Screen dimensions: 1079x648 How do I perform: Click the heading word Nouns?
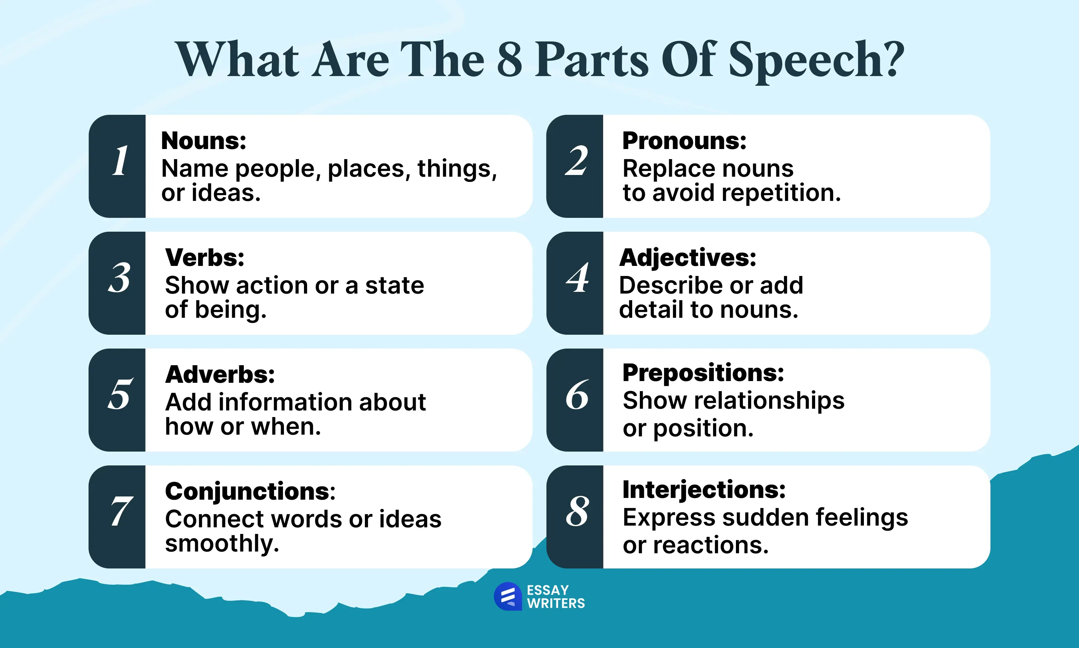pos(203,141)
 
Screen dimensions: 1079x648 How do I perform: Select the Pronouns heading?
pos(684,141)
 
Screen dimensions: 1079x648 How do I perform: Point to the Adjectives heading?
pos(688,258)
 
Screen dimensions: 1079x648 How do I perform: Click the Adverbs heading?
pos(220,374)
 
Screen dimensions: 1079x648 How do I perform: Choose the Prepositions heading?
pos(703,373)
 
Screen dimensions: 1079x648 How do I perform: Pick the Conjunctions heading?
pos(250,492)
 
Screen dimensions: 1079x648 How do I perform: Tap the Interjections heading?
pos(704,490)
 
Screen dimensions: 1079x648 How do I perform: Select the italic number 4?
pos(577,277)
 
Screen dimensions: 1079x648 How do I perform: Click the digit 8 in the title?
pos(510,58)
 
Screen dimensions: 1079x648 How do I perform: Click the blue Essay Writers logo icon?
pos(508,596)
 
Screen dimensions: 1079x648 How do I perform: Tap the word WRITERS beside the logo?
pos(556,603)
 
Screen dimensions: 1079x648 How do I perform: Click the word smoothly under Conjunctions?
pos(222,544)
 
